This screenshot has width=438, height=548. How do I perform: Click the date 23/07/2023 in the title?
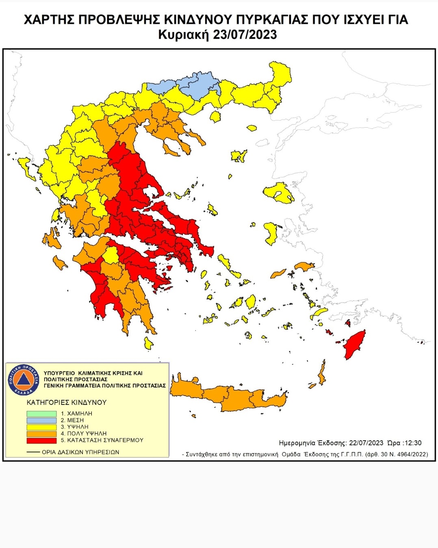point(245,35)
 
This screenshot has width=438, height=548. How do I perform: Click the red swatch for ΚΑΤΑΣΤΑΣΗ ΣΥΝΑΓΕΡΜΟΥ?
point(41,440)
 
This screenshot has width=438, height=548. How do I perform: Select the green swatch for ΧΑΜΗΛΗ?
point(41,414)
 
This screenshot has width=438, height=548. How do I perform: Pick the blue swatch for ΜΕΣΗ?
point(41,420)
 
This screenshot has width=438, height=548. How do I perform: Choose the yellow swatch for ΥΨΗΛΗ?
point(41,427)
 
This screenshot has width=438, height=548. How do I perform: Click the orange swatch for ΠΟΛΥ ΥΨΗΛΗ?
point(41,434)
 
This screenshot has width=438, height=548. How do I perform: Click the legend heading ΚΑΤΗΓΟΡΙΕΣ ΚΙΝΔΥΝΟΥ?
point(66,402)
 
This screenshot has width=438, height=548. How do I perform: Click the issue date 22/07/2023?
point(366,443)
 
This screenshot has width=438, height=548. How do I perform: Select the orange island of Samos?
point(304,267)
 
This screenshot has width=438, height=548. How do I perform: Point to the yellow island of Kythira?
point(149,344)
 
